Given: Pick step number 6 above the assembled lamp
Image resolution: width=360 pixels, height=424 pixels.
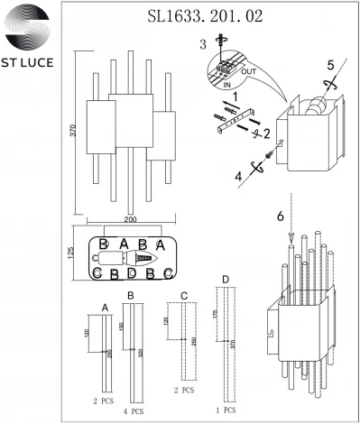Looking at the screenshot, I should point(281,217).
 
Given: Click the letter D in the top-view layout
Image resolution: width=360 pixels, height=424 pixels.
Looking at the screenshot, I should point(132,272).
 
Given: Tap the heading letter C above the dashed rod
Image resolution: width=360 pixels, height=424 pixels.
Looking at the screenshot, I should point(184,295).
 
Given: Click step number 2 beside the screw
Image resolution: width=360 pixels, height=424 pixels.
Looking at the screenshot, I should point(266,132).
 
